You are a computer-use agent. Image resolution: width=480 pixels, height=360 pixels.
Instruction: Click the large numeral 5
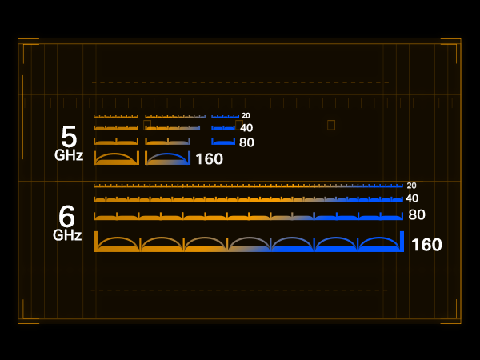(x=69, y=137)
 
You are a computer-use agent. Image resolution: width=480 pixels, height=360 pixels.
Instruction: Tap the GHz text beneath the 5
(x=69, y=155)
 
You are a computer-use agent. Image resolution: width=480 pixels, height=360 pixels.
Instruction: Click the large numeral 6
(x=66, y=216)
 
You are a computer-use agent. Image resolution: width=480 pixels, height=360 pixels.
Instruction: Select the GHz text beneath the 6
(x=67, y=235)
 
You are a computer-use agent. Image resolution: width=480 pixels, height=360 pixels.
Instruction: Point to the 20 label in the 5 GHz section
(x=246, y=115)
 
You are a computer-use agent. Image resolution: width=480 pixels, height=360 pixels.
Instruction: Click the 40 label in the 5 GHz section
(x=246, y=128)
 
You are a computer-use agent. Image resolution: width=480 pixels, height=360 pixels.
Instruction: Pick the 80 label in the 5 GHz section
(x=246, y=142)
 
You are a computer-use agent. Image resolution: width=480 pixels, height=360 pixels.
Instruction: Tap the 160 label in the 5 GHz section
(x=210, y=159)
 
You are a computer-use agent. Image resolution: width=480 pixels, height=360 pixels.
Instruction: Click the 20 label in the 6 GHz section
(x=411, y=186)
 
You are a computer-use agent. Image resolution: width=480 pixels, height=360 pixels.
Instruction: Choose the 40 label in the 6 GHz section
(x=412, y=198)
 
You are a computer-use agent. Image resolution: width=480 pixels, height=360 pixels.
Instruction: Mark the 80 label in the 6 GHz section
(x=417, y=214)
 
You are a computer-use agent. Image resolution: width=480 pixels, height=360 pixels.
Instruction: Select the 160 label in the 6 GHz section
(x=426, y=245)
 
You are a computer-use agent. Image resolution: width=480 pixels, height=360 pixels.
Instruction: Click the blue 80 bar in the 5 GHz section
(x=223, y=142)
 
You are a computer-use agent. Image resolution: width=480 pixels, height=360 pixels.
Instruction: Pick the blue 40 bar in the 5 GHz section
(x=223, y=128)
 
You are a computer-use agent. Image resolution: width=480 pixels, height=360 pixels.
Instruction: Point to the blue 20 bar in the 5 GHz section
(x=225, y=117)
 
